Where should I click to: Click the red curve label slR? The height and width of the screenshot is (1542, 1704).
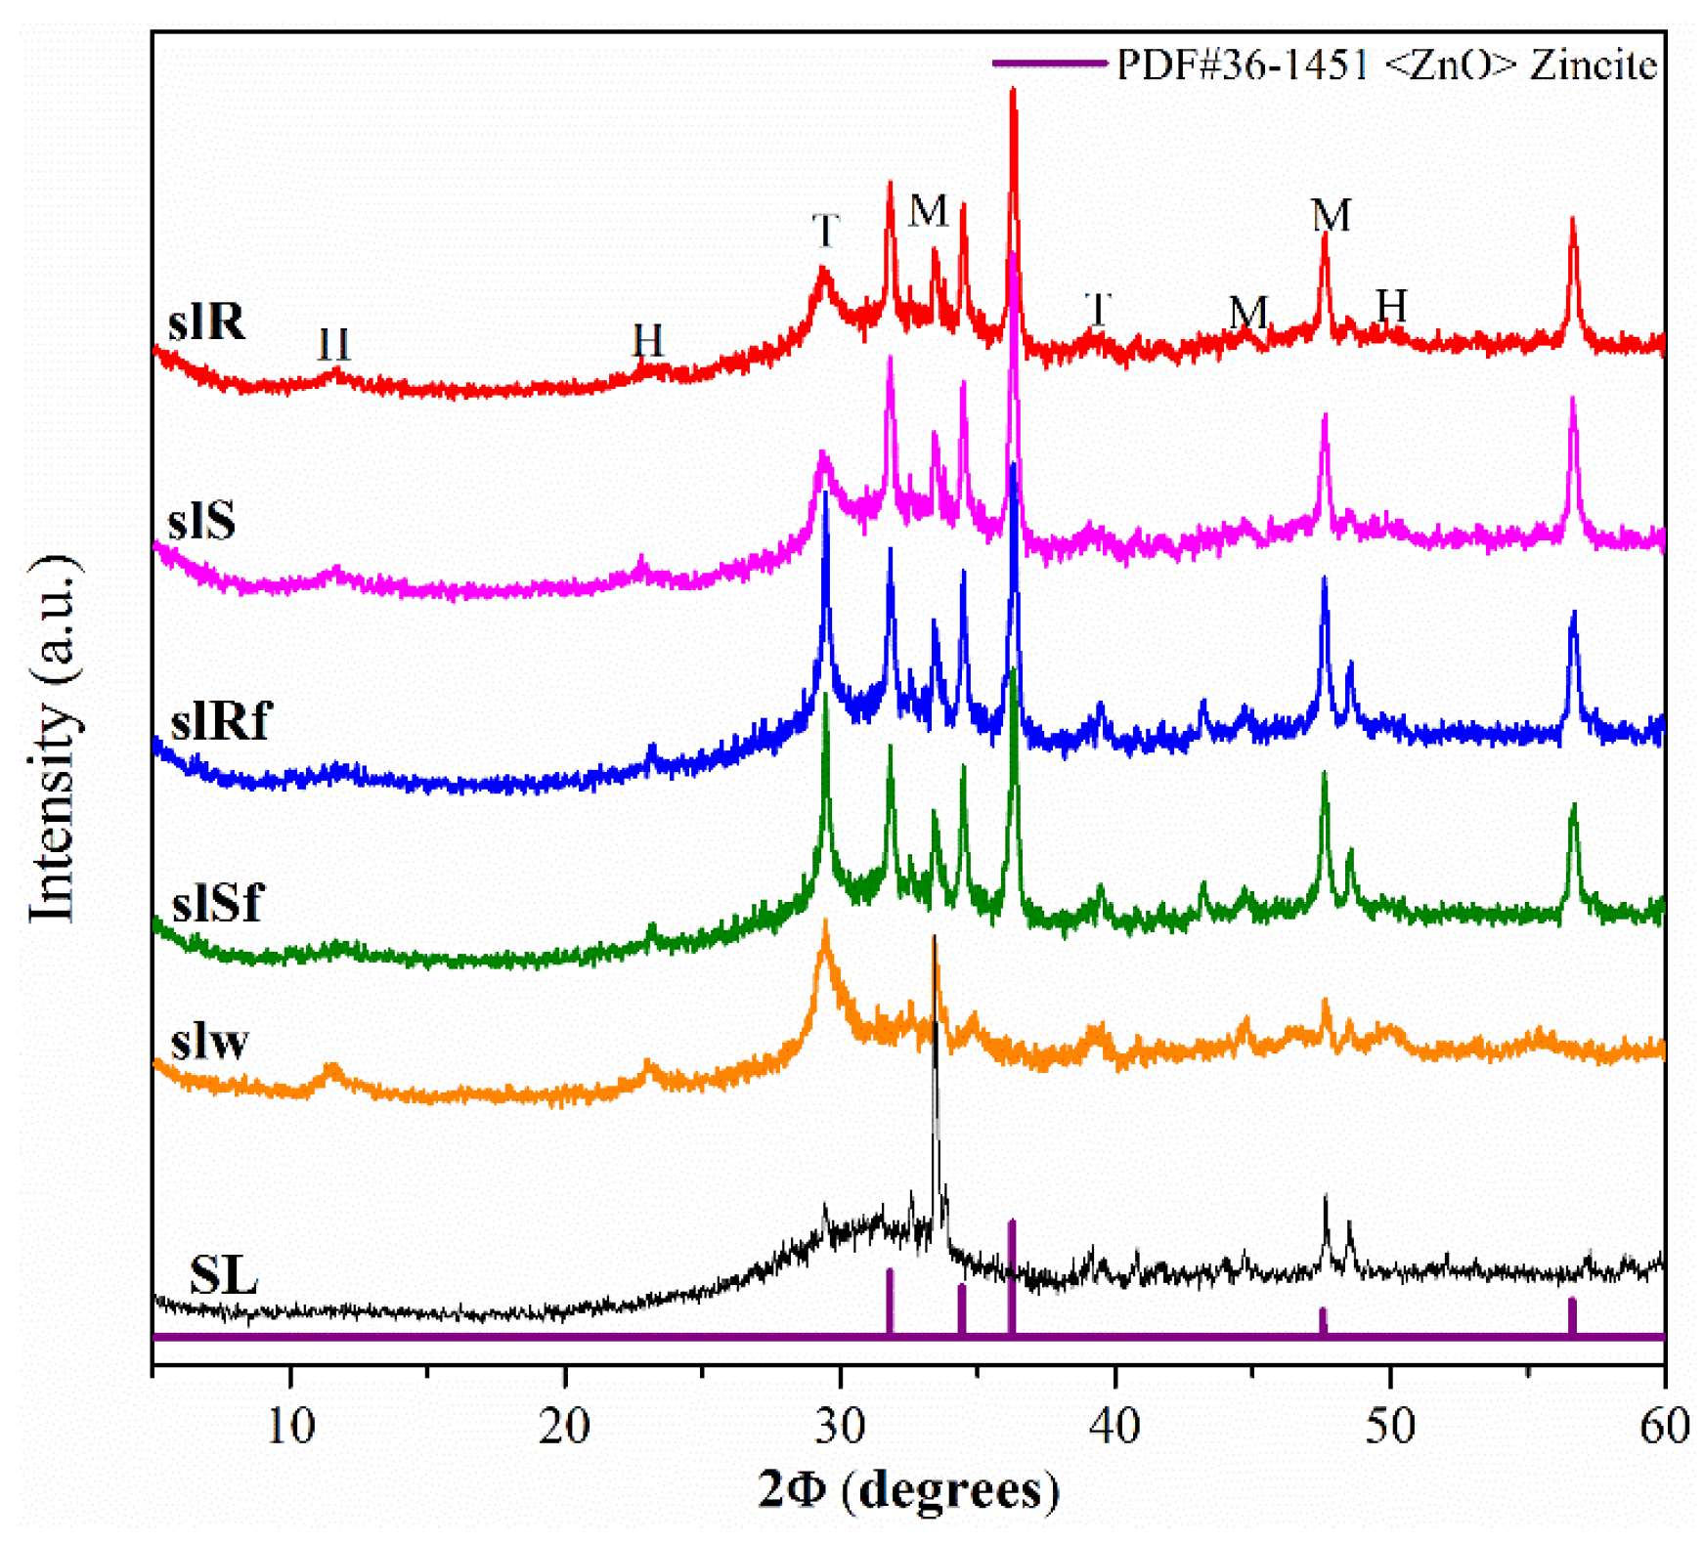point(206,321)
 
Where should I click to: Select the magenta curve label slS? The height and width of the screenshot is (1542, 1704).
point(201,520)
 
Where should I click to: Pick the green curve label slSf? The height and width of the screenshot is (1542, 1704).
point(217,901)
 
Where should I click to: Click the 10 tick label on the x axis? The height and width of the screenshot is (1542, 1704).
point(290,1426)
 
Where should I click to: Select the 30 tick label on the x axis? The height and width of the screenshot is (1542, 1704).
point(840,1426)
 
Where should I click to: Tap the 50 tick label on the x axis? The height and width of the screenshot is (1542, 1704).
point(1389,1426)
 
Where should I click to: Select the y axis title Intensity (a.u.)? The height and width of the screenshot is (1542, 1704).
point(53,738)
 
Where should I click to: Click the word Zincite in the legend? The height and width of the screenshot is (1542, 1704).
point(1593,64)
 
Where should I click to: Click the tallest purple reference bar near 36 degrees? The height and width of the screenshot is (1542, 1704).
point(1012,1275)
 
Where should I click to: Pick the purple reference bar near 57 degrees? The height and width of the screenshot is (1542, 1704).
point(1572,1315)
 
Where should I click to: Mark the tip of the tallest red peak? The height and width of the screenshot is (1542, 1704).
point(1013,91)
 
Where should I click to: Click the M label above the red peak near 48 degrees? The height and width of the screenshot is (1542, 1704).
point(1331,215)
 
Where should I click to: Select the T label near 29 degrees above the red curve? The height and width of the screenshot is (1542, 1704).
point(825,232)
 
